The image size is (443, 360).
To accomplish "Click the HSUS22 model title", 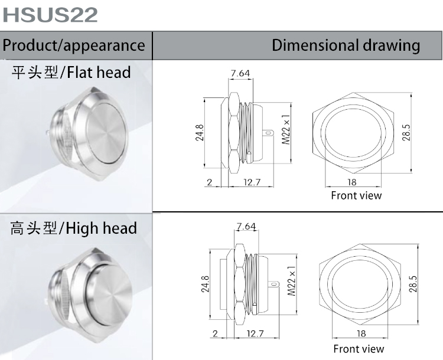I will pos(50,15).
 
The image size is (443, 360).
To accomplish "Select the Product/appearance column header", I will pos(74,45).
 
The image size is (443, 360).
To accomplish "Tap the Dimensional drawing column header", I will pos(346,45).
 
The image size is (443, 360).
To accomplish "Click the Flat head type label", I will pos(71,73).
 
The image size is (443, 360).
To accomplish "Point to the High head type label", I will pos(73,228).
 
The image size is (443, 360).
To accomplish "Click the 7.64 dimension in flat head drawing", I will pos(240,73).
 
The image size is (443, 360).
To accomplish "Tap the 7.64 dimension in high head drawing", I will pos(246,227).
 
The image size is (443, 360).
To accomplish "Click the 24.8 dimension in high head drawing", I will pos(205,284).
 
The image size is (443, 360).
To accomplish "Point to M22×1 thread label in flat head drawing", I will pos(286,130).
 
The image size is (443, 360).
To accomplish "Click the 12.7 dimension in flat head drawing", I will pos(252,182).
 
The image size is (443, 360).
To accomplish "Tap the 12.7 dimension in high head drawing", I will pos(255,334).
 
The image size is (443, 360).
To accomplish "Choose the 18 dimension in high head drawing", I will pos(361,334).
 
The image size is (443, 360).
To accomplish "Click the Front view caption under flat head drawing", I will pos(356,195).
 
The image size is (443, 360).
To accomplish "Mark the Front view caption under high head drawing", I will pos(359,349).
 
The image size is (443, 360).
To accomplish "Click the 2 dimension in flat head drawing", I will pos(210,182).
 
